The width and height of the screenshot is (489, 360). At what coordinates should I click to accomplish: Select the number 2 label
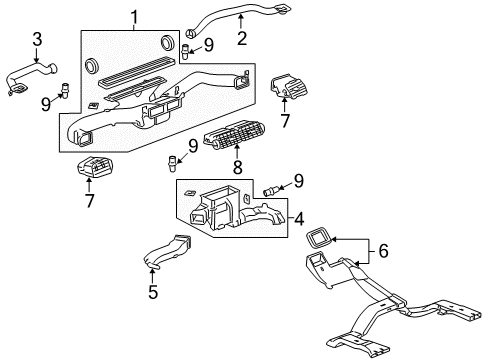[x=240, y=39]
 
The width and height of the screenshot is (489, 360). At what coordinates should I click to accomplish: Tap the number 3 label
[x=36, y=39]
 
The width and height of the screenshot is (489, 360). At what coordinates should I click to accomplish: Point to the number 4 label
[x=299, y=216]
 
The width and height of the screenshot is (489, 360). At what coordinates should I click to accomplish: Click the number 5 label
[x=153, y=294]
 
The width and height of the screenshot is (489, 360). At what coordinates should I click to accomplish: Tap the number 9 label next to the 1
[x=208, y=44]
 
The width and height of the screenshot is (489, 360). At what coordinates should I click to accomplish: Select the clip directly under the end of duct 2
[x=184, y=47]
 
